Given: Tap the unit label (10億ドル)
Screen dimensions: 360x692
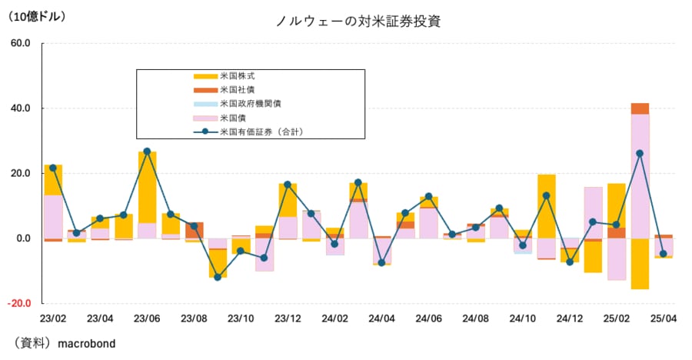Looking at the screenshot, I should pos(37,15).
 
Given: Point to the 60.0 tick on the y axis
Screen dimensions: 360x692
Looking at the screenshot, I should pos(20,43).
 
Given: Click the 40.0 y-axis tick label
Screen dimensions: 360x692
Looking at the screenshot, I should pos(20,108).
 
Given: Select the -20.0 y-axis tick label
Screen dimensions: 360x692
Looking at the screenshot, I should pos(18,303).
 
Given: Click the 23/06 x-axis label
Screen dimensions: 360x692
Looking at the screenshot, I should pos(146,318).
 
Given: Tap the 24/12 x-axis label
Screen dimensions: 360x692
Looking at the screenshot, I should pos(570,318).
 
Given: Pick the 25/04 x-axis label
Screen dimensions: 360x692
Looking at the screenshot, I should pos(664,318).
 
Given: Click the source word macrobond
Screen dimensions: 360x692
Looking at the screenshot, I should pos(86,344).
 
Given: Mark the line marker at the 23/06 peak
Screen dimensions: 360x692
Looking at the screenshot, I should pos(147,152).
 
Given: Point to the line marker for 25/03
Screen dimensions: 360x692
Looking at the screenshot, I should pos(640,153).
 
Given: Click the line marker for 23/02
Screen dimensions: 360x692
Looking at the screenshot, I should pos(53,168).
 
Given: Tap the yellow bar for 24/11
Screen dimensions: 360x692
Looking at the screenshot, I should pos(546,206).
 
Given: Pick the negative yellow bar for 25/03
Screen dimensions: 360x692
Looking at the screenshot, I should pos(640,263).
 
